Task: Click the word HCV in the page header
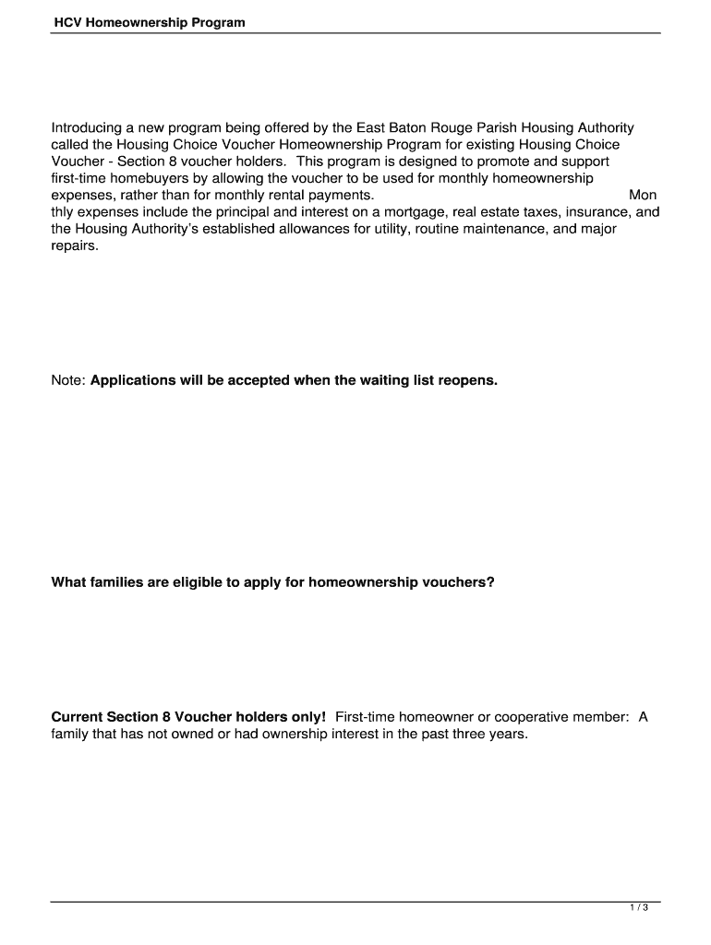click(x=66, y=22)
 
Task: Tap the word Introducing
click(x=87, y=128)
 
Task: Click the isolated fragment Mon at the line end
click(x=643, y=196)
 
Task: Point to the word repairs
click(x=74, y=246)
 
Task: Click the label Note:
click(x=68, y=380)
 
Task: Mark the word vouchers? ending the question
click(x=459, y=582)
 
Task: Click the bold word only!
click(x=307, y=717)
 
